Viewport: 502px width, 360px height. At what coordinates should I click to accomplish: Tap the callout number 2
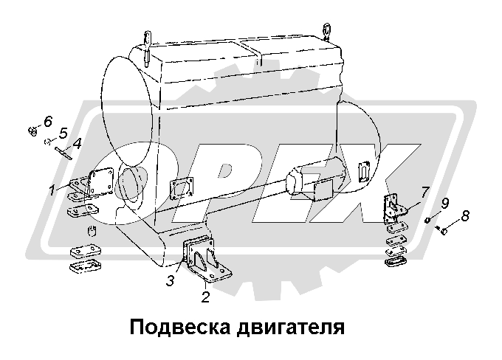coord(205,297)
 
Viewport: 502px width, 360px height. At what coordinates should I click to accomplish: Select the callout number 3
coord(170,280)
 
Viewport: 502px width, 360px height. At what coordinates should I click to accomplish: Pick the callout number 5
coord(63,133)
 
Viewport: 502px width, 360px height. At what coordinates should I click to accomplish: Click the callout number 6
coord(48,121)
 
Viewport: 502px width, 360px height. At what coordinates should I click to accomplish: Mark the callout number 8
coord(464,216)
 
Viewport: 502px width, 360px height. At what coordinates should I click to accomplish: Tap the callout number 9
coord(444,204)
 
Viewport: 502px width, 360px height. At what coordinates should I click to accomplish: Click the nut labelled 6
coord(32,131)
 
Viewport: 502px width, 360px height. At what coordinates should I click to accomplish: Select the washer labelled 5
coord(47,142)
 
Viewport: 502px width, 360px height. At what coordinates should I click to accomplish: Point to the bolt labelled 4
coord(62,153)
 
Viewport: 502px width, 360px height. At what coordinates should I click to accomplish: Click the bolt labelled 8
coord(444,231)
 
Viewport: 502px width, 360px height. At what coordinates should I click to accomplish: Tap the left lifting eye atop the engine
coord(148,39)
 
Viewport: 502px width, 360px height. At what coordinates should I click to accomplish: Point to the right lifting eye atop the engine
coord(326,31)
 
